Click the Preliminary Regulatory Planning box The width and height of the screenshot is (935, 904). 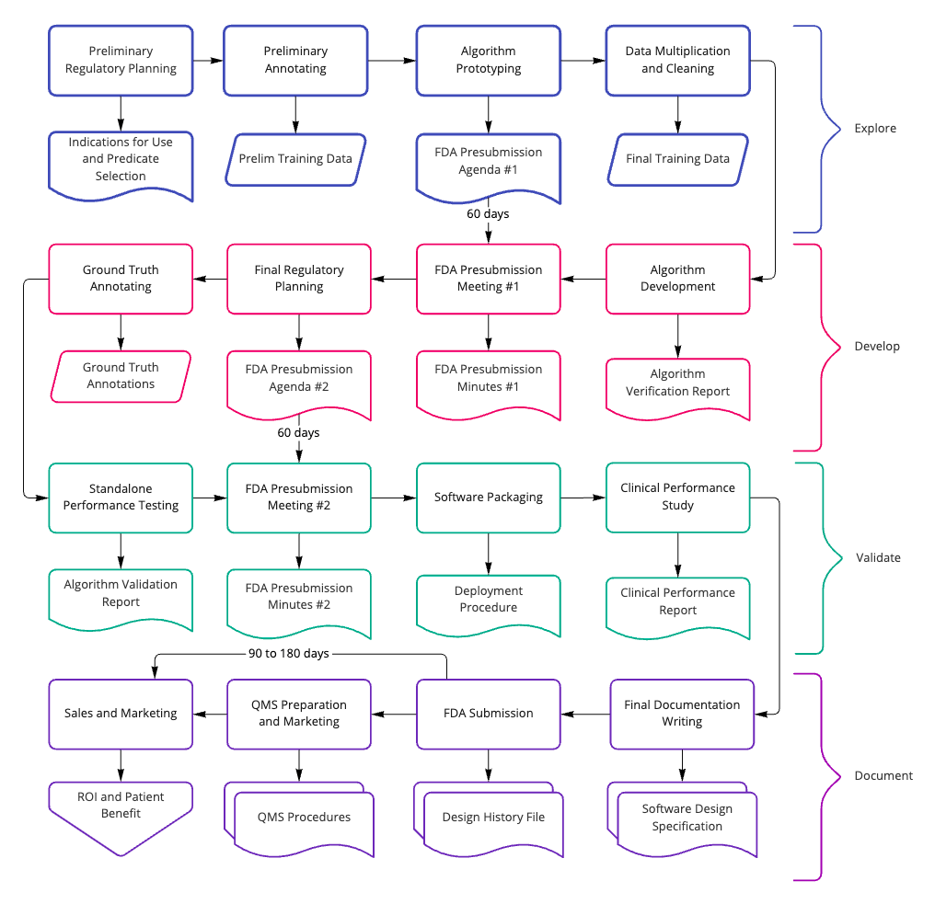point(121,60)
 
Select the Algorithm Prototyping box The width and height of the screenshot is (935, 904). point(488,60)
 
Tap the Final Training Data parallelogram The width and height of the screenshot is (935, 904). point(677,158)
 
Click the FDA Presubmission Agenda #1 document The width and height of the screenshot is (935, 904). point(488,161)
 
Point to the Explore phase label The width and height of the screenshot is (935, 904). point(874,128)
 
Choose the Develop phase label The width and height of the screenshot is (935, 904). point(876,347)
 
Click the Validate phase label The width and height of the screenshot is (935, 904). point(877,557)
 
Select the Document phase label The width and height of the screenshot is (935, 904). point(883,775)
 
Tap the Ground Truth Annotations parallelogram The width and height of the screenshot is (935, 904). point(121,376)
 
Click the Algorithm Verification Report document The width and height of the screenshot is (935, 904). point(677,383)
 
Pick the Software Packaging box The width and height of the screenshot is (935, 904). point(488,498)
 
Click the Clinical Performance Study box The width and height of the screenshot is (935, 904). point(677,498)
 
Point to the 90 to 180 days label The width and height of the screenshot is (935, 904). point(288,653)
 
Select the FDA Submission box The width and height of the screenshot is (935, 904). point(488,713)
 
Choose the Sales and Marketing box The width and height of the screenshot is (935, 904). point(121,713)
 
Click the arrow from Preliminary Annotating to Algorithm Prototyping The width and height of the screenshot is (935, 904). point(391,61)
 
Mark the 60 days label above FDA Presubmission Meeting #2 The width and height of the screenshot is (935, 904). point(298,432)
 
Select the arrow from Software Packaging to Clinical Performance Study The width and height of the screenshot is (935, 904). point(583,498)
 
